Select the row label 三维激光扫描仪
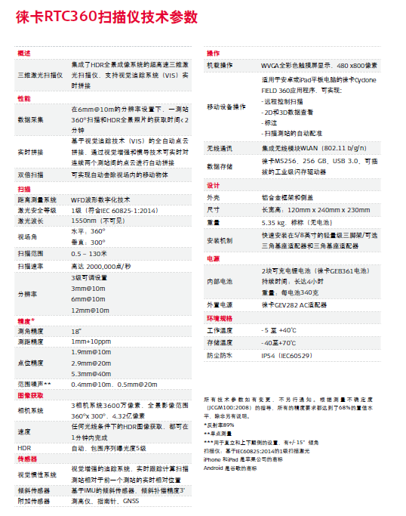(x=40, y=76)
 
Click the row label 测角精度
(x=30, y=331)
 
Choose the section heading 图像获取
(x=30, y=395)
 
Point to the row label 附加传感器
(x=33, y=501)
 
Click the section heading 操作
(x=213, y=54)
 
